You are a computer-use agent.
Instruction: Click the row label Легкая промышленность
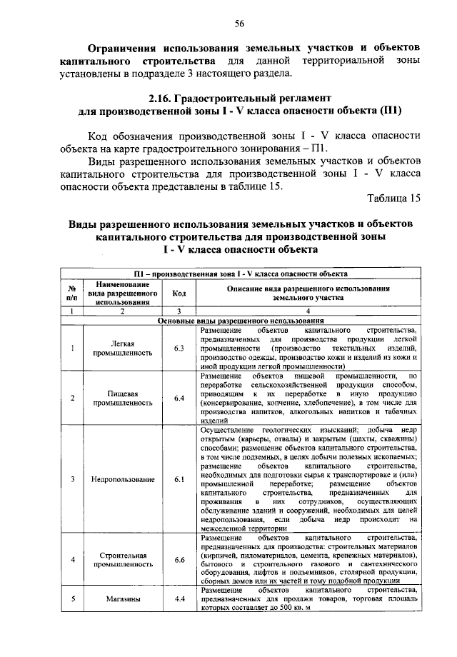pyautogui.click(x=119, y=348)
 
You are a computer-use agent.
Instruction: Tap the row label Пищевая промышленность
pyautogui.click(x=119, y=397)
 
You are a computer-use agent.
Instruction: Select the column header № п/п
pyautogui.click(x=72, y=293)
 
